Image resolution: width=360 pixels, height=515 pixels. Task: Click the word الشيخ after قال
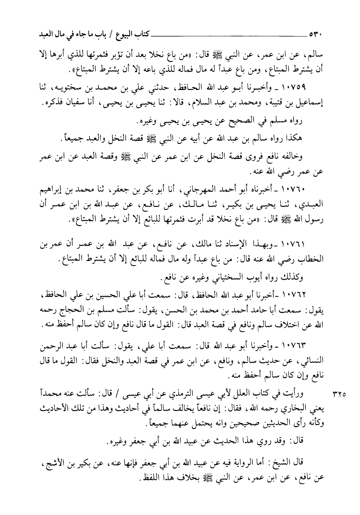click(279, 463)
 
